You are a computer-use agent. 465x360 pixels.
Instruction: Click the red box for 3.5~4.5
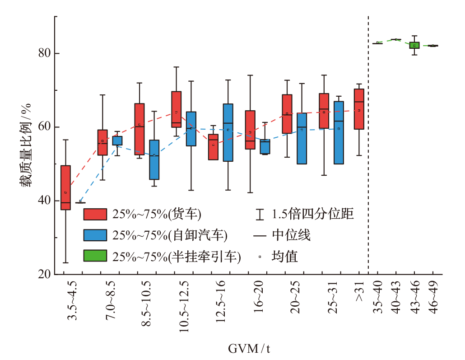pyautogui.click(x=65, y=187)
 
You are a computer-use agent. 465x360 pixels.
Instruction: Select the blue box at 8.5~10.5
pyautogui.click(x=154, y=160)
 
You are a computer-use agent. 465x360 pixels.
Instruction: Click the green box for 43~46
pyautogui.click(x=414, y=45)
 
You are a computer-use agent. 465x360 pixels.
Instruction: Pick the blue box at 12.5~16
pyautogui.click(x=228, y=132)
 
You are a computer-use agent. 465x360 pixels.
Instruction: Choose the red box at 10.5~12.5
pyautogui.click(x=177, y=109)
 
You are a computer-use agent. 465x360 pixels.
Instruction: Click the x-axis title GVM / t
pyautogui.click(x=249, y=349)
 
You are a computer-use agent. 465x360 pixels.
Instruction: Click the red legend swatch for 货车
pyautogui.click(x=95, y=214)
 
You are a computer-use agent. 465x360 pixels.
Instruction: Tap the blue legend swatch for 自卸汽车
pyautogui.click(x=95, y=235)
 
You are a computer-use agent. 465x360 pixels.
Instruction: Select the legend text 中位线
pyautogui.click(x=291, y=235)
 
